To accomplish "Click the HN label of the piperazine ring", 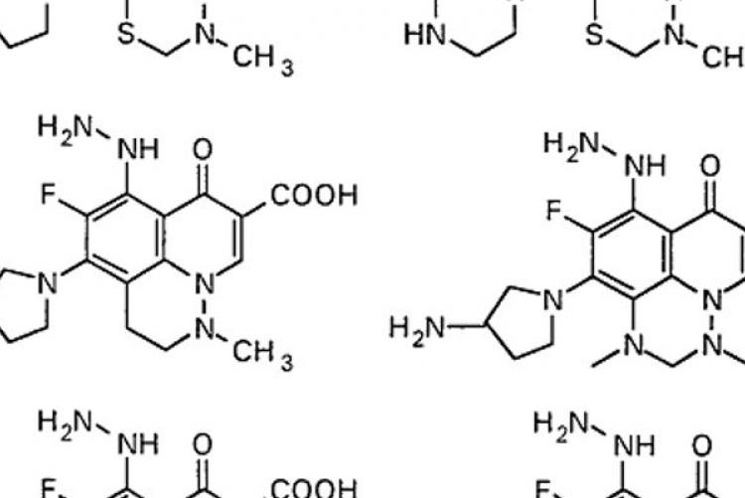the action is tap(425, 35).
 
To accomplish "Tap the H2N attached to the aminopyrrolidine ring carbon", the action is tap(416, 328).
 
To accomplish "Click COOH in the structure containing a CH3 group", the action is tap(314, 196).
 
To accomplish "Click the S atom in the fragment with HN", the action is tap(595, 35).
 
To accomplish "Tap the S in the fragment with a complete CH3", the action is tap(126, 33).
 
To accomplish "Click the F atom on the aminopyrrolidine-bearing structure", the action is tap(553, 211).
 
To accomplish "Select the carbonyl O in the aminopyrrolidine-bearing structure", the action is tap(710, 166).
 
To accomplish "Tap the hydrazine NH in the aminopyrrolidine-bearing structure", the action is tap(646, 166).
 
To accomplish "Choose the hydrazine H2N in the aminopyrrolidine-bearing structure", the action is tap(570, 144).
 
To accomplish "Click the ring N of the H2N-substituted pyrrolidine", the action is tap(552, 300).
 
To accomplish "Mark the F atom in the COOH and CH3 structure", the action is tap(48, 195).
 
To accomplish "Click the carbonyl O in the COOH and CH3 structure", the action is tap(203, 149).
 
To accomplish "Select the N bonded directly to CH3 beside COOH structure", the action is tap(205, 329).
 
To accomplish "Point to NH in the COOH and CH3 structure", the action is tap(138, 149).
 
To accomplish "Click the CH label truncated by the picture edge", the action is tap(723, 58).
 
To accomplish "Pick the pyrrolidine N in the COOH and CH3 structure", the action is tap(48, 283).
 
